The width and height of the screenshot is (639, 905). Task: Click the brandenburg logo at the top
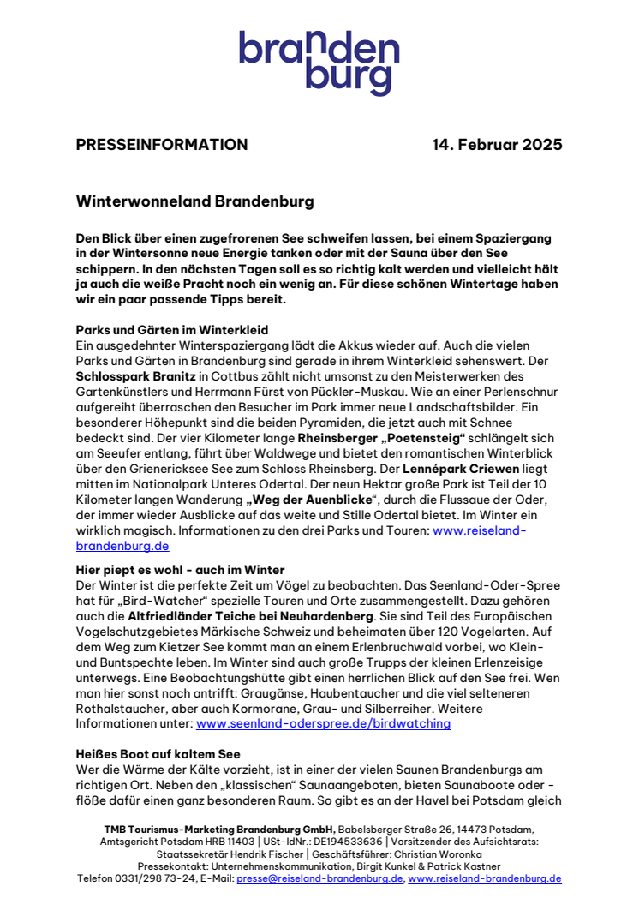tap(319, 63)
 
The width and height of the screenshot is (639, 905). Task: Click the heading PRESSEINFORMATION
tap(162, 145)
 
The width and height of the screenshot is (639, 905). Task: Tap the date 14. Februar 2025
tap(497, 145)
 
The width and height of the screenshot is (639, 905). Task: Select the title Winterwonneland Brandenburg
tap(195, 202)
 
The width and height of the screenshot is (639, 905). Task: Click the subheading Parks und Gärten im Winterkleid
tap(171, 329)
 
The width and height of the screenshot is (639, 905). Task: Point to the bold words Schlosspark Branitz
tap(134, 375)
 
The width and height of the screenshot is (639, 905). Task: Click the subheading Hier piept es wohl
tap(180, 570)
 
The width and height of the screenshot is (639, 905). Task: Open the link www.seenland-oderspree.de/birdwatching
tap(323, 724)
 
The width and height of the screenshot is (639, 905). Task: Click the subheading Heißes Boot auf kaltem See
tap(158, 754)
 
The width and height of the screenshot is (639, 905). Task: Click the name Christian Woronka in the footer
tap(425, 854)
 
